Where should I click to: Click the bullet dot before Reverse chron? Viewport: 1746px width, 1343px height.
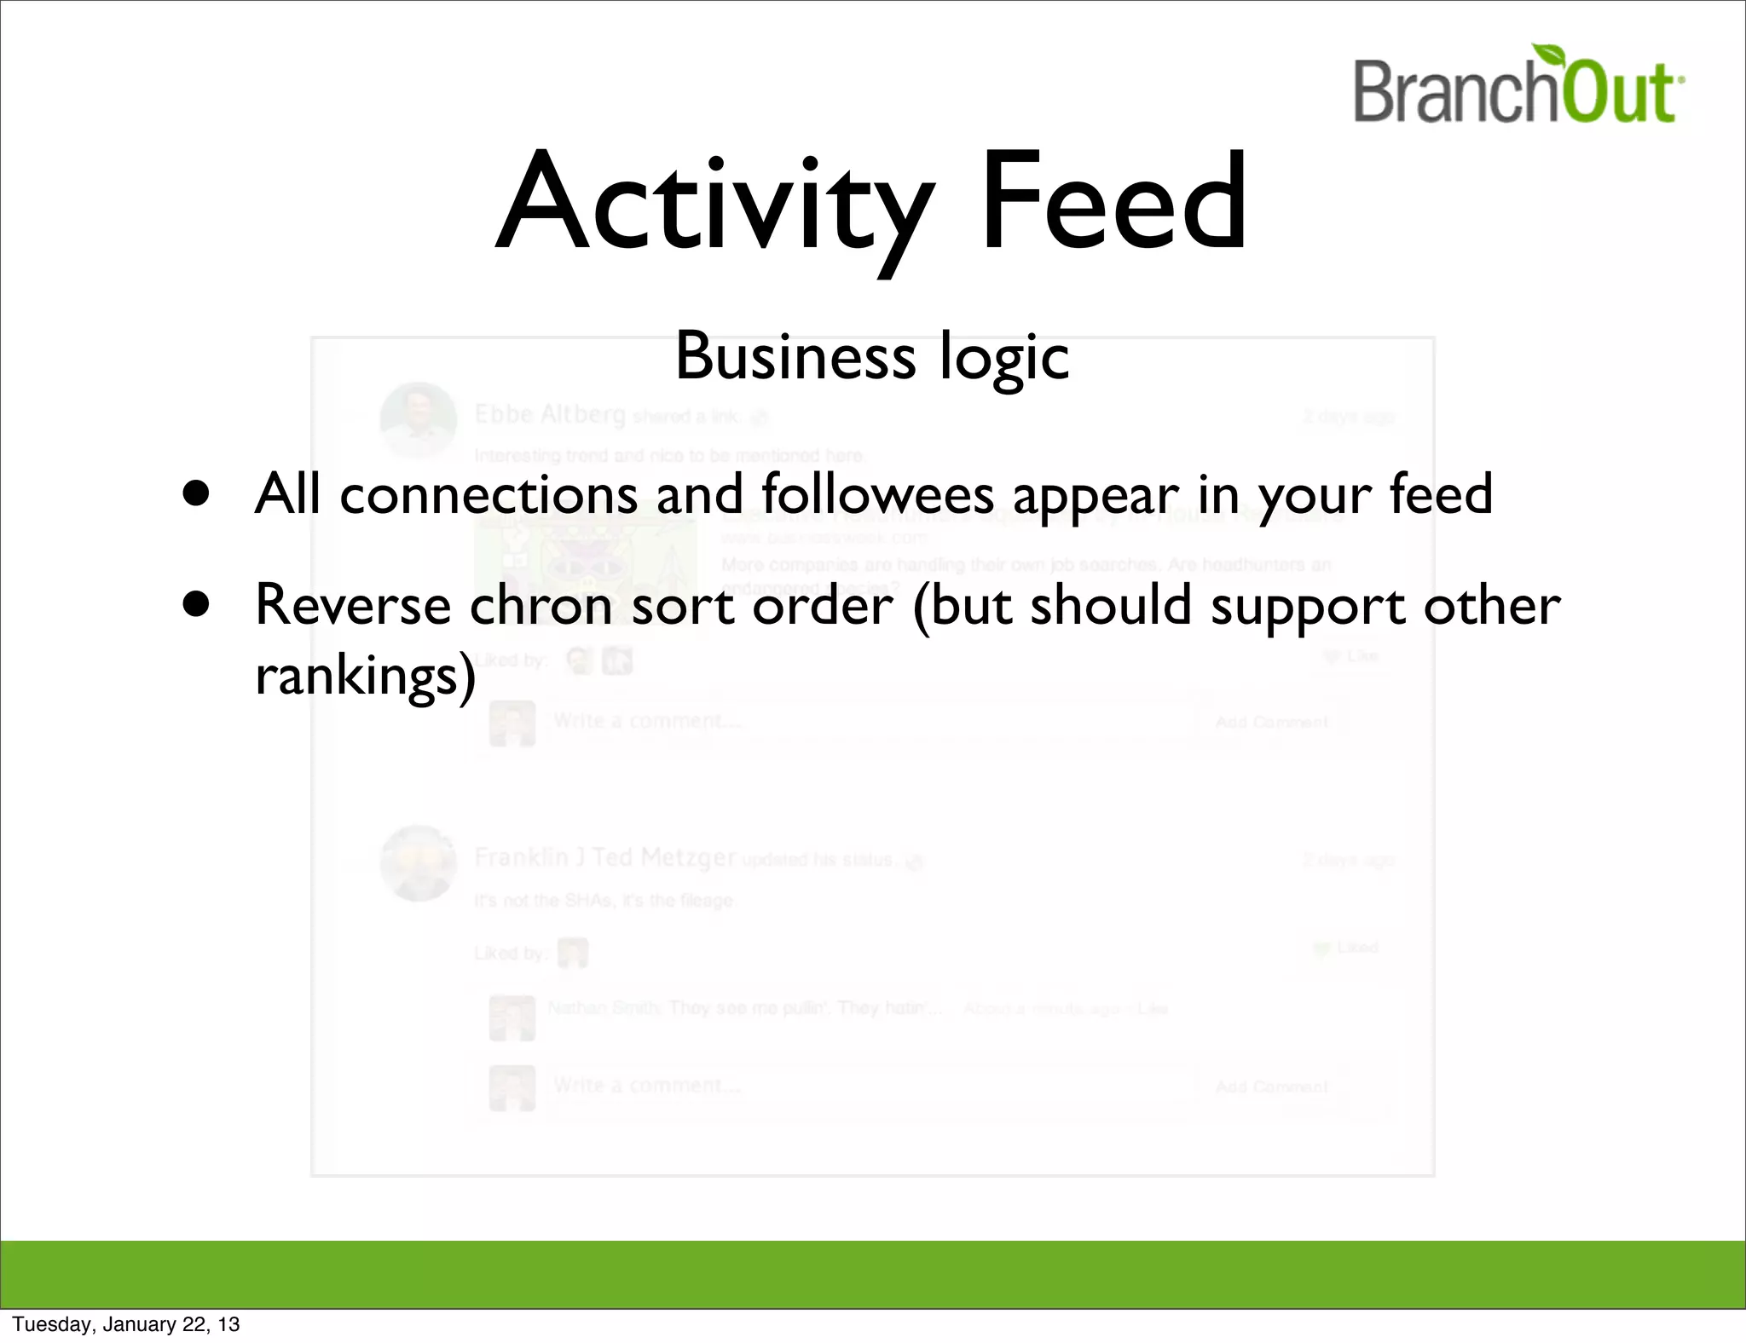point(197,604)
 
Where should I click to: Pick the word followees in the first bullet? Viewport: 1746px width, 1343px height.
point(877,493)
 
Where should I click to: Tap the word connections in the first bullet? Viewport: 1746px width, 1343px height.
point(489,494)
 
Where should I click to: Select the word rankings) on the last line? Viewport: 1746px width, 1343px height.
point(365,676)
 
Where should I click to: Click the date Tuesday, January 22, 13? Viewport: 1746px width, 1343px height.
point(126,1324)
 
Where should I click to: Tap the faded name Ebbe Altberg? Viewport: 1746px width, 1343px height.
point(550,415)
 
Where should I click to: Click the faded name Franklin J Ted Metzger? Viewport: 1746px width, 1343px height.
point(604,857)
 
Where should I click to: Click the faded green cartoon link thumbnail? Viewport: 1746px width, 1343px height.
point(587,558)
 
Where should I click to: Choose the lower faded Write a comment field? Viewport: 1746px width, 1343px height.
point(861,1087)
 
